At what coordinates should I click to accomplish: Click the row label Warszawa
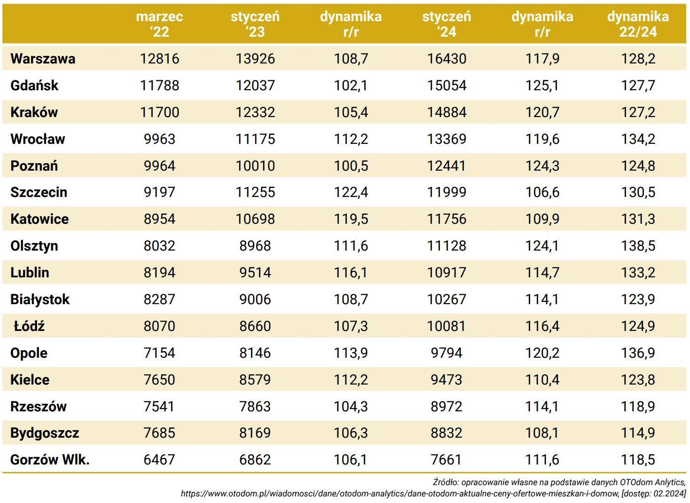(x=43, y=59)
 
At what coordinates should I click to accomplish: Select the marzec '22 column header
(x=159, y=24)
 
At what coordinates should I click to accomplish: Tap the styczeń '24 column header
(x=447, y=24)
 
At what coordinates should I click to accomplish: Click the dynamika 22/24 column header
(x=638, y=24)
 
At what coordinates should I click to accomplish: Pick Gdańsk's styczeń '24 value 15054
(x=447, y=86)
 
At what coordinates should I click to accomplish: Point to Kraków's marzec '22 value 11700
(x=159, y=112)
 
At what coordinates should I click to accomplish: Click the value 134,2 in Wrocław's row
(x=638, y=139)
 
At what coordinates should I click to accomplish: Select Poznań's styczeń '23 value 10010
(x=255, y=166)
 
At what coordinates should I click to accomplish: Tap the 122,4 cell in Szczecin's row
(x=351, y=193)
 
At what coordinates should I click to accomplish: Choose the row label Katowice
(x=39, y=220)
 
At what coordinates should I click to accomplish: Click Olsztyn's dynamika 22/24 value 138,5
(x=638, y=246)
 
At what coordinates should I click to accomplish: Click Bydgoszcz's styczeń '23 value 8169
(x=255, y=433)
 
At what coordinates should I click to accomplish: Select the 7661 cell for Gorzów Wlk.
(x=447, y=460)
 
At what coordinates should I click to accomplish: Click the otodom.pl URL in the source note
(x=400, y=494)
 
